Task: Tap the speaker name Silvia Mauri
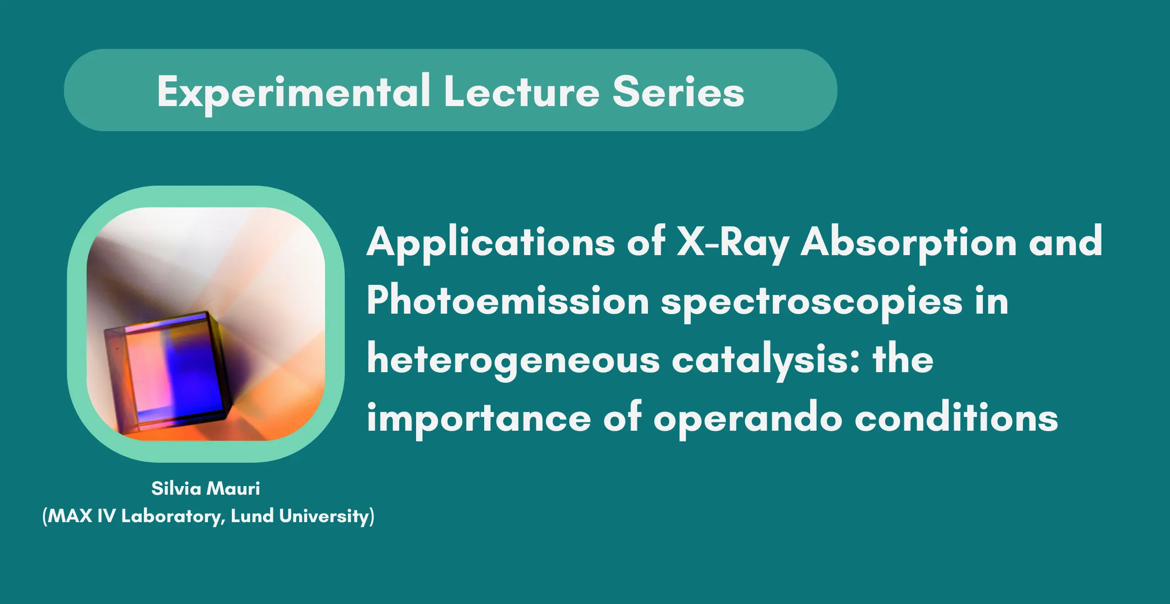click(206, 488)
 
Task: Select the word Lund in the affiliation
click(252, 516)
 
